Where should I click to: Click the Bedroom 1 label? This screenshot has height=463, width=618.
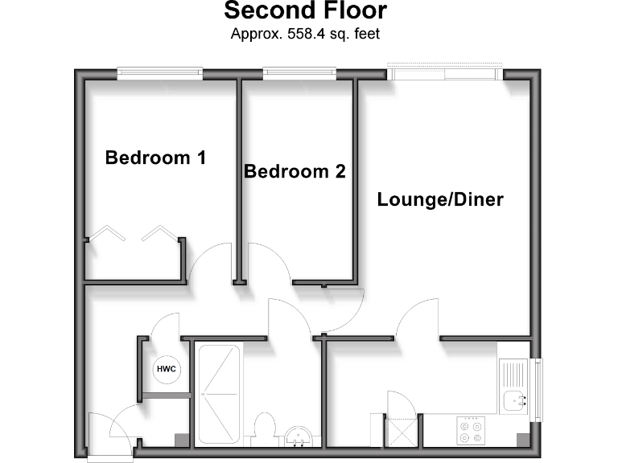pos(155,158)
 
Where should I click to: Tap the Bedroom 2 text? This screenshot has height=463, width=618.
pos(295,171)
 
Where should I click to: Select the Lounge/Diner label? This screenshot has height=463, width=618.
pos(440,199)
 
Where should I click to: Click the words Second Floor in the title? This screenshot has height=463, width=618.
pos(305,11)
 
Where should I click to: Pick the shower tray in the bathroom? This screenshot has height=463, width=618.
pos(217,394)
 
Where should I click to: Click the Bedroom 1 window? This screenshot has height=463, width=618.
pos(159,74)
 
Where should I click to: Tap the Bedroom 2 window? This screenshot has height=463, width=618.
pos(295,74)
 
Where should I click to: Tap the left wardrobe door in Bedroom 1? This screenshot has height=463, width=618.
pos(107,234)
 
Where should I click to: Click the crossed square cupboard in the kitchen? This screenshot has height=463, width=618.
pos(402,430)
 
